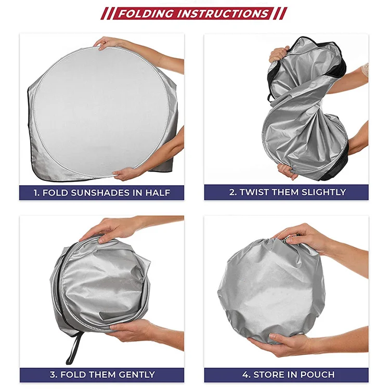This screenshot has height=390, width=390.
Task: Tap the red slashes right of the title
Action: point(281,13)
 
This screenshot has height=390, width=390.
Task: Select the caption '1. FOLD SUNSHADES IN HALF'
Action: point(102,192)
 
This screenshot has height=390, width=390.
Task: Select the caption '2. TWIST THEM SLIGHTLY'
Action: point(288,192)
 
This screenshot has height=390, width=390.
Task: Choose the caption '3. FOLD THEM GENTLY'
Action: point(102,374)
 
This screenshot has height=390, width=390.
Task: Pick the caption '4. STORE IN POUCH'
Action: point(288,374)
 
